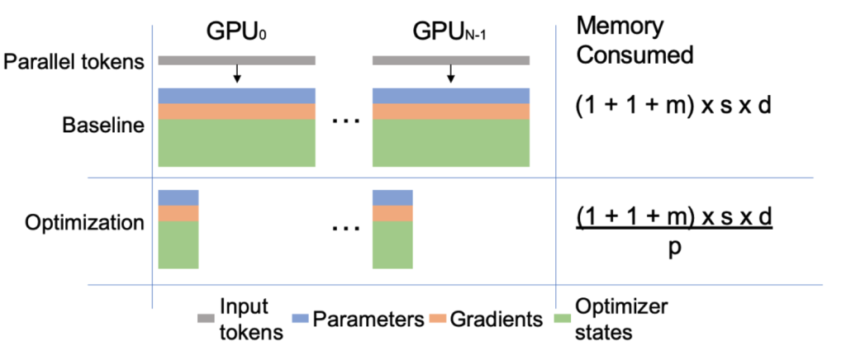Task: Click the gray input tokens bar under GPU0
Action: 237,60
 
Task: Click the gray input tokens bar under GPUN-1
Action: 451,60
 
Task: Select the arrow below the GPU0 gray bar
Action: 237,74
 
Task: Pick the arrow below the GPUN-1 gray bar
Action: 451,74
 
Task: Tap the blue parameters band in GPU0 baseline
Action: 237,95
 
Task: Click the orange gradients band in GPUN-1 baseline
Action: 451,111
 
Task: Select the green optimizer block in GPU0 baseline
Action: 237,143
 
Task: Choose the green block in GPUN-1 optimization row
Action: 392,244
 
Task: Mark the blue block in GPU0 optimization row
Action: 178,197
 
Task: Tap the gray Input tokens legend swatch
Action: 206,318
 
